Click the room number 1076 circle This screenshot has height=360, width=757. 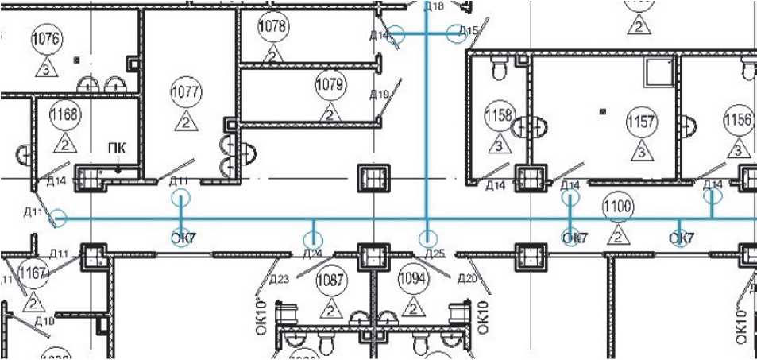point(45,38)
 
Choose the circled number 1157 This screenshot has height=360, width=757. point(640,122)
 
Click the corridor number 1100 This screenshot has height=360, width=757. point(617,208)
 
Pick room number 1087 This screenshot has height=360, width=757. point(330,280)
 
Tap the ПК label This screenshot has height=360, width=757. point(117,149)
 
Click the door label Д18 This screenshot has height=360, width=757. point(434,6)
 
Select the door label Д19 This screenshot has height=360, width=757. point(379,95)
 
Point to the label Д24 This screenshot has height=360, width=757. point(312,254)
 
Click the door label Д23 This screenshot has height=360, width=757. point(278,279)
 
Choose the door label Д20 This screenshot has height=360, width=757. point(466,278)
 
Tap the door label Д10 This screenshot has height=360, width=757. point(44,321)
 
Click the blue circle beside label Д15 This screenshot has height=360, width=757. point(458,33)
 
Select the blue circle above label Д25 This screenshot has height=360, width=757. point(428,237)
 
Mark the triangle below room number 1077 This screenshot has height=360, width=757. point(184,122)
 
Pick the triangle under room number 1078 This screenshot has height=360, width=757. point(272,55)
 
